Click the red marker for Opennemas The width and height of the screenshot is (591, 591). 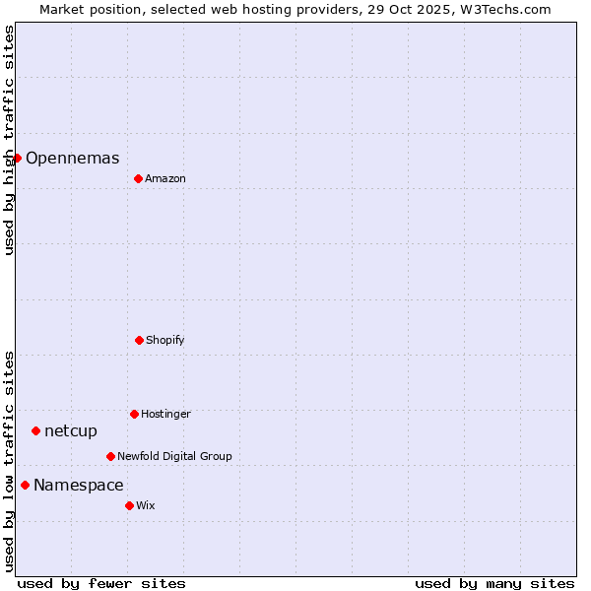tap(17, 158)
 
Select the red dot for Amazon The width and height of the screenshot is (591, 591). tap(138, 178)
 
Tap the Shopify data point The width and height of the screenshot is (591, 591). tap(139, 340)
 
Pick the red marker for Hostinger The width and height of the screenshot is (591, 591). tap(134, 414)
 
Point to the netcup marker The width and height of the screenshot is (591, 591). tap(35, 430)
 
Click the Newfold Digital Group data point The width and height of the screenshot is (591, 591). tap(110, 456)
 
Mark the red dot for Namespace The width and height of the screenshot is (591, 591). tap(25, 485)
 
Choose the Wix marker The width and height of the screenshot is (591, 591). tap(129, 505)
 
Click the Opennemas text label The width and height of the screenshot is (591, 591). tap(72, 158)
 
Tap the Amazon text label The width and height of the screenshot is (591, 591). tap(165, 178)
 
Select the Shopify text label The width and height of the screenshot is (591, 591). tap(165, 340)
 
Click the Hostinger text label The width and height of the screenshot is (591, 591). tap(165, 414)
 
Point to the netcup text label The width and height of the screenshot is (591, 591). tap(71, 430)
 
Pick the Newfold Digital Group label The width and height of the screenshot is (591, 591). tap(174, 456)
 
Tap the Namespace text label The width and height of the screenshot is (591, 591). tap(79, 485)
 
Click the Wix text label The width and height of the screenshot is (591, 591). tap(146, 505)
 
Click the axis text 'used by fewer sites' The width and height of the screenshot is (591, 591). tap(101, 583)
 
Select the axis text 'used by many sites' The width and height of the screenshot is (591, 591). tap(494, 583)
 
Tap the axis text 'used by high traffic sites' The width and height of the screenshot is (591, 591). tap(9, 140)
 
